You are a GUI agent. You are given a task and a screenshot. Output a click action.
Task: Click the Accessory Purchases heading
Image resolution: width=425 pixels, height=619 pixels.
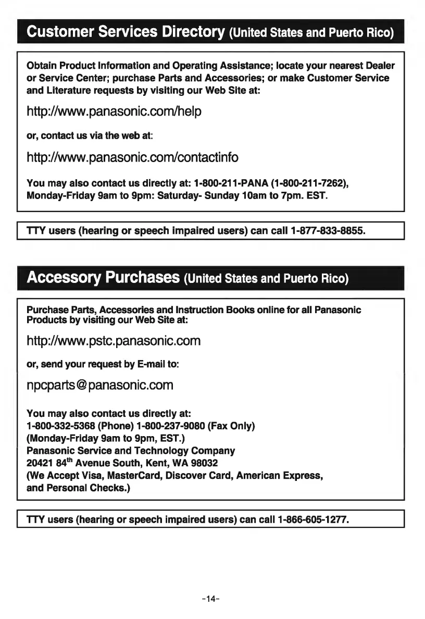103,277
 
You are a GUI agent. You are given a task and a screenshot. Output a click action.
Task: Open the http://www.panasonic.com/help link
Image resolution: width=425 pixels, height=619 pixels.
114,112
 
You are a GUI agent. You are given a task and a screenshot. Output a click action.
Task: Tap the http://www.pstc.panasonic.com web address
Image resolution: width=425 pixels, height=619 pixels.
114,341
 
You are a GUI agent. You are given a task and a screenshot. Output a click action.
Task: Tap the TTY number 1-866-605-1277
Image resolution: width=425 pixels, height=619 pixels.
312,519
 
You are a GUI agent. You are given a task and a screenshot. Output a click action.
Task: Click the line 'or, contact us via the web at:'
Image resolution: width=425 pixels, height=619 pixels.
89,135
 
